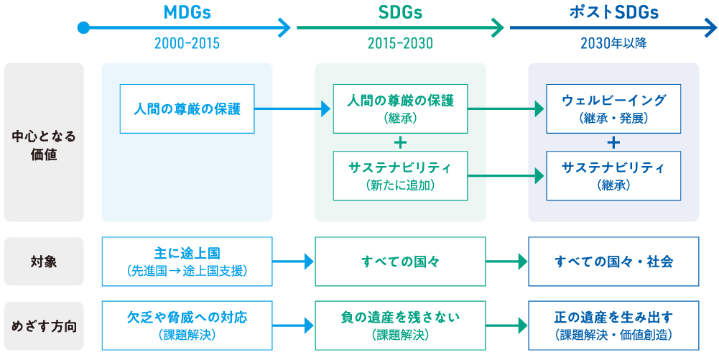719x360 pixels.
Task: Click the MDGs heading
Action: click(187, 13)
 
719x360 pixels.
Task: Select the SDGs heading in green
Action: click(400, 13)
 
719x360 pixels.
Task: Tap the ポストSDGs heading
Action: click(613, 13)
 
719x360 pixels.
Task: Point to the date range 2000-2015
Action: click(187, 44)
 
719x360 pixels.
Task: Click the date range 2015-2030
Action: click(400, 44)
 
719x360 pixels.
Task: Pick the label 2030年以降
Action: click(613, 44)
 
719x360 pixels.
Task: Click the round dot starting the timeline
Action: click(83, 28)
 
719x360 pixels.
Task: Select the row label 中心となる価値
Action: click(44, 146)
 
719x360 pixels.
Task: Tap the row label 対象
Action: click(44, 262)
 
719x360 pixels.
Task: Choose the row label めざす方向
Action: click(44, 327)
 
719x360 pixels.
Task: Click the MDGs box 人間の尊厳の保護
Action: click(187, 109)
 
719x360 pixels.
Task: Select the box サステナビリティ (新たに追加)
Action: click(400, 175)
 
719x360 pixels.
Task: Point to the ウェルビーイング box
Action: click(613, 109)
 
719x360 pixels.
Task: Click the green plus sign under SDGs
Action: click(400, 142)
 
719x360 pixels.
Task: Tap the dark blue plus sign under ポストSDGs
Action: click(613, 142)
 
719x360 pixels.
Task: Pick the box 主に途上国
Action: click(187, 262)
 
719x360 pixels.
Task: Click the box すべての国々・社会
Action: click(613, 262)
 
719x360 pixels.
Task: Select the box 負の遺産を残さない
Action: click(400, 325)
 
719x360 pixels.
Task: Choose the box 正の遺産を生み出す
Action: click(613, 325)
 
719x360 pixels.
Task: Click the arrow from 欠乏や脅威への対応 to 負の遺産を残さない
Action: click(293, 326)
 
